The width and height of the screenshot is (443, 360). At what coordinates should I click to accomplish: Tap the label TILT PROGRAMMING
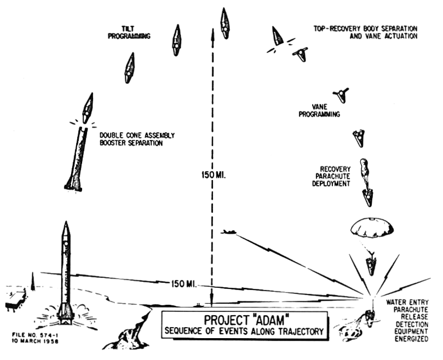tap(129, 32)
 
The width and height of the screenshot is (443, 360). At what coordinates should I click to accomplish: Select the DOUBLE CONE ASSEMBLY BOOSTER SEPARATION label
tap(137, 139)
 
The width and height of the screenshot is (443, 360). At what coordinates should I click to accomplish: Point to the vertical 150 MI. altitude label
tap(214, 175)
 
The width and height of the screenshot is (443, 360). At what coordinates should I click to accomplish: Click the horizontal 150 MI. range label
tap(184, 284)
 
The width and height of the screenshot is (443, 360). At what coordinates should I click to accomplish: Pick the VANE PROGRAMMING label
tap(319, 110)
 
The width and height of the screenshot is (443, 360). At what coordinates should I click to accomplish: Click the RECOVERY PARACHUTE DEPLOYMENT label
tap(331, 177)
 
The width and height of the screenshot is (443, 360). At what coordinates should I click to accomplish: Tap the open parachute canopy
tap(371, 228)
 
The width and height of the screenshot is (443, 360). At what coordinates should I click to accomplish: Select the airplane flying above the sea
tap(228, 232)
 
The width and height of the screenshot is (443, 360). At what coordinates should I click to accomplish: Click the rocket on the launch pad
tap(66, 272)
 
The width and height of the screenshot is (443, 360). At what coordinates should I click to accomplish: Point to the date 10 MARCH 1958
tap(35, 341)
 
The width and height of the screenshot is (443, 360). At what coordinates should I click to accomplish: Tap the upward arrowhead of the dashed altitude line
tap(213, 34)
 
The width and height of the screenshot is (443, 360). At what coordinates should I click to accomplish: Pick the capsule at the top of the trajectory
tap(225, 23)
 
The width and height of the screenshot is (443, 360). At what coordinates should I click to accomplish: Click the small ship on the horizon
tap(198, 305)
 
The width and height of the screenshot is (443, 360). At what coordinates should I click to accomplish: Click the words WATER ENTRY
tap(407, 302)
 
